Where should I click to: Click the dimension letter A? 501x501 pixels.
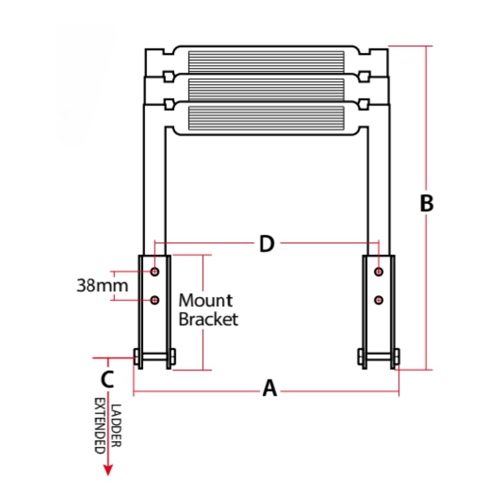pyautogui.click(x=270, y=388)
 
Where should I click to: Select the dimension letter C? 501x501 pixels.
pyautogui.click(x=107, y=379)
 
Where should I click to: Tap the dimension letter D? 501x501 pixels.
pyautogui.click(x=266, y=244)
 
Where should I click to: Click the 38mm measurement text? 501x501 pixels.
pyautogui.click(x=102, y=285)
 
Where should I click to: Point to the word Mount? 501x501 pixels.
pyautogui.click(x=206, y=300)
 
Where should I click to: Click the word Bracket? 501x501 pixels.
pyautogui.click(x=208, y=319)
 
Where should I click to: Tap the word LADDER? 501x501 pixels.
pyautogui.click(x=116, y=425)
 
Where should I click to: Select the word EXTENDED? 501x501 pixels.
pyautogui.click(x=100, y=425)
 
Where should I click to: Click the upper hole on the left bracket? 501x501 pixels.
pyautogui.click(x=155, y=271)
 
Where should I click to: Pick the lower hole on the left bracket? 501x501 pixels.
pyautogui.click(x=155, y=300)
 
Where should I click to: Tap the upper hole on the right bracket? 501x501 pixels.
pyautogui.click(x=379, y=271)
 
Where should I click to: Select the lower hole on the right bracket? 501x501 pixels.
pyautogui.click(x=379, y=300)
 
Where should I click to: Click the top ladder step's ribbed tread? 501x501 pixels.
pyautogui.click(x=266, y=62)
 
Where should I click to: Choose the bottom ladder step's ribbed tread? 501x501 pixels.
pyautogui.click(x=266, y=118)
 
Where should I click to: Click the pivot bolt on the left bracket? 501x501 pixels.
pyautogui.click(x=154, y=357)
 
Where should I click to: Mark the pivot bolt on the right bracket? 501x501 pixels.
pyautogui.click(x=379, y=357)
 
